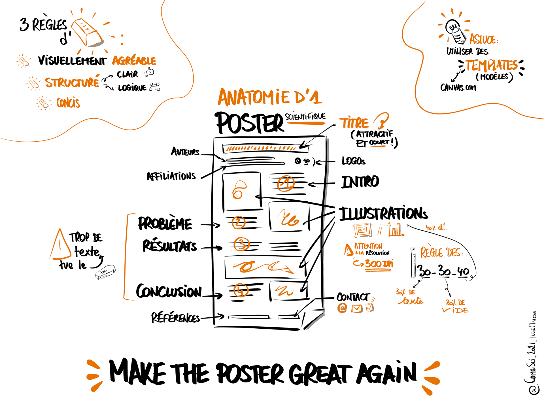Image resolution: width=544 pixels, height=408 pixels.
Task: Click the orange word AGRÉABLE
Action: coord(134,61)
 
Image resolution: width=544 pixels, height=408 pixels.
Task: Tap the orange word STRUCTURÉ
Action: coord(72,82)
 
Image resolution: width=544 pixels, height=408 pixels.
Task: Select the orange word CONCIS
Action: coord(68,103)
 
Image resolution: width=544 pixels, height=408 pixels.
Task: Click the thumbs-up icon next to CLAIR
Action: coord(149,72)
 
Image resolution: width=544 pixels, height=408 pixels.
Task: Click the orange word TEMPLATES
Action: coord(492,65)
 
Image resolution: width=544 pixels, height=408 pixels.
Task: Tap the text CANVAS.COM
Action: coord(458,88)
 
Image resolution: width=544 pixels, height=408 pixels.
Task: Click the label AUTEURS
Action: coord(185,152)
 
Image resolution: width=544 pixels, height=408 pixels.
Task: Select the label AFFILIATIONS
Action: coord(171,176)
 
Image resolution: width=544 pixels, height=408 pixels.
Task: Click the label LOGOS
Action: coord(353,161)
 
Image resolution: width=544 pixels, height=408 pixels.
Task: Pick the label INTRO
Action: coord(360,182)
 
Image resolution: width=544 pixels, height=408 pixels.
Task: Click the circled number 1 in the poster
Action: coord(286,183)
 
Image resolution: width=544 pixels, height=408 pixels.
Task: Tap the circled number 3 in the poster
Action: coord(241,244)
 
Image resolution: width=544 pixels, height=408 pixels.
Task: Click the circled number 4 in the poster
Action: coord(241,290)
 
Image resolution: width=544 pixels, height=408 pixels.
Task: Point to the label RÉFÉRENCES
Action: coord(175,318)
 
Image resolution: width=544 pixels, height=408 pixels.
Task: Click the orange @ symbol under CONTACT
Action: coord(342,308)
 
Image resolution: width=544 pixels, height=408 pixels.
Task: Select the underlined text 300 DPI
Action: coord(379,264)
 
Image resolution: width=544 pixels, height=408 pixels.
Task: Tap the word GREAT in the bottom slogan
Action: coord(320,374)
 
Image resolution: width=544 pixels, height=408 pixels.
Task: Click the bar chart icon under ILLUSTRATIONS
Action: coord(396,230)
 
